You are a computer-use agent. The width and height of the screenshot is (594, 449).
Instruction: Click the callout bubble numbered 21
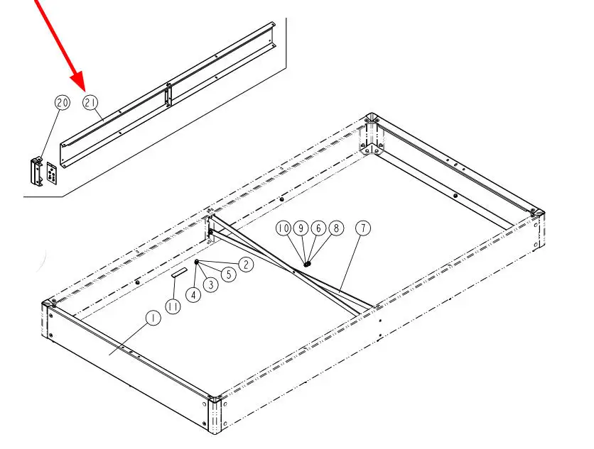[90, 103]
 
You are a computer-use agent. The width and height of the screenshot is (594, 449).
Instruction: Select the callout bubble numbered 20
[63, 103]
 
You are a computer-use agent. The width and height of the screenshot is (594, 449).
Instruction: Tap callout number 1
[153, 318]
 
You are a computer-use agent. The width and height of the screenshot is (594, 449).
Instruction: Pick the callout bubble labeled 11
[173, 306]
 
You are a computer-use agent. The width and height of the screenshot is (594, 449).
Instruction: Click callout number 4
[193, 294]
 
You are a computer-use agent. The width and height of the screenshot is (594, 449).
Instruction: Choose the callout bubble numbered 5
[229, 275]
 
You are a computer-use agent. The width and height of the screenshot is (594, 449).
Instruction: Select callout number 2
[247, 265]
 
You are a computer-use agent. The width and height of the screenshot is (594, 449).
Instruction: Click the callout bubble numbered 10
[283, 228]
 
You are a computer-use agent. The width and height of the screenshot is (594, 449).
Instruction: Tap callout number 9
[301, 228]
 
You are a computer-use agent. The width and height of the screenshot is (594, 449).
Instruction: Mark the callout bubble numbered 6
[318, 228]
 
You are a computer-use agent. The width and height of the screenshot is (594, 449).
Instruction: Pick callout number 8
[336, 228]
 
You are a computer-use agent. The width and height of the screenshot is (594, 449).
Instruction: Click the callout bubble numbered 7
[363, 228]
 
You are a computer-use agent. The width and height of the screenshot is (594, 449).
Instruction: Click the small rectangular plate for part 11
[179, 272]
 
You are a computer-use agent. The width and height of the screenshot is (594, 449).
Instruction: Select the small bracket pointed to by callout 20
[37, 172]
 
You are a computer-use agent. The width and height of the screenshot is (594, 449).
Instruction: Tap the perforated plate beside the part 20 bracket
[52, 174]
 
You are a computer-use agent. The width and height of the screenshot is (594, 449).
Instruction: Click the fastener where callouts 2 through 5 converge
[196, 262]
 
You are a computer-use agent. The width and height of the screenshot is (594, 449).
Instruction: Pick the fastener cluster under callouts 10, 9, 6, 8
[308, 264]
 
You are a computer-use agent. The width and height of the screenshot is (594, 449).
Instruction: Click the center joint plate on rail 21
[168, 95]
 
